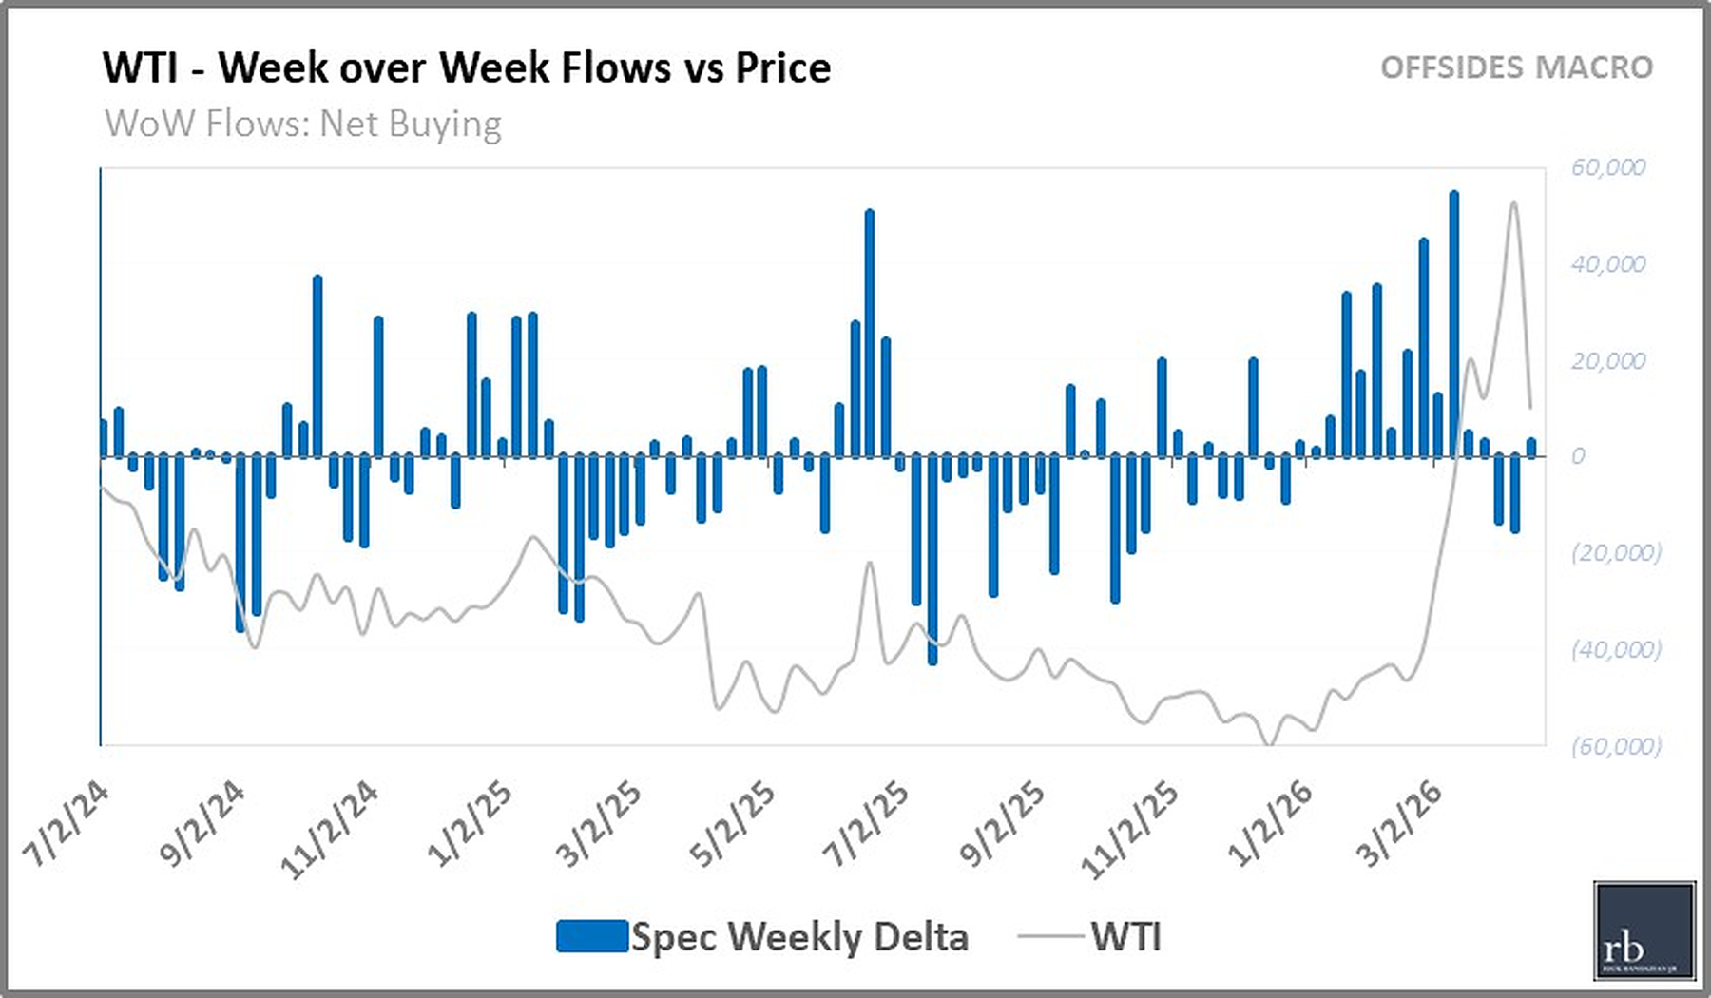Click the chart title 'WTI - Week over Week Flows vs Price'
click(x=467, y=68)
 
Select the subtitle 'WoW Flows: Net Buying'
click(x=303, y=124)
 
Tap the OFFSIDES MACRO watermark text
click(x=1516, y=67)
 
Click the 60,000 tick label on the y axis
click(x=1607, y=167)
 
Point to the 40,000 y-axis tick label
click(x=1607, y=264)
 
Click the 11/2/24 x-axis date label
click(x=330, y=829)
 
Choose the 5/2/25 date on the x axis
click(x=732, y=825)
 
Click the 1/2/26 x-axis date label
click(x=1270, y=825)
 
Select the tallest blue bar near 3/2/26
click(x=1453, y=323)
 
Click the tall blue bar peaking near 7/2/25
click(x=869, y=333)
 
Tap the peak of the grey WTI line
click(x=1514, y=202)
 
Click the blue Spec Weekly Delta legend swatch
click(x=591, y=936)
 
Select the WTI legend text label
click(x=1125, y=936)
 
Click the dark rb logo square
click(x=1644, y=931)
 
